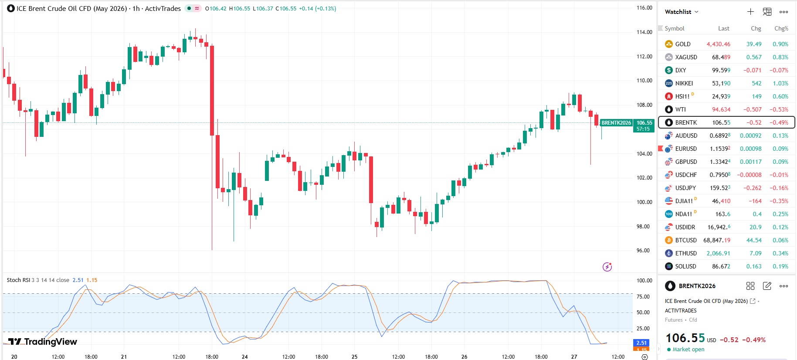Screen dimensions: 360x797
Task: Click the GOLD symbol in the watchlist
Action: pos(682,44)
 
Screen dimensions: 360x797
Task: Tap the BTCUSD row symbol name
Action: pos(685,240)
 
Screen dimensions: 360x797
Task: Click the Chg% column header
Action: pos(781,28)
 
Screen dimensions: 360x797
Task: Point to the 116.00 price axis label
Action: pos(644,8)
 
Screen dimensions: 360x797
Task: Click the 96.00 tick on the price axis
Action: pos(643,251)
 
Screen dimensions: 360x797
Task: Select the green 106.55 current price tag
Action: pos(644,123)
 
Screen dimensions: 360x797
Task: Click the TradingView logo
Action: pos(43,342)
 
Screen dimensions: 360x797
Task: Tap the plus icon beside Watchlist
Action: pos(750,12)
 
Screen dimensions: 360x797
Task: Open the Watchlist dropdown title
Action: pos(681,12)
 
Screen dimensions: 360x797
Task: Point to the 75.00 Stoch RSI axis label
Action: pos(643,297)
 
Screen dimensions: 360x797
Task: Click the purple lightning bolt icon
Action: pos(607,267)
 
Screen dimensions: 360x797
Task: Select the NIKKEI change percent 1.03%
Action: pos(780,83)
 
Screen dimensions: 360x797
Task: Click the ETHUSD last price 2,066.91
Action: pos(718,253)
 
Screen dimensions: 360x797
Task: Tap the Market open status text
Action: pos(688,350)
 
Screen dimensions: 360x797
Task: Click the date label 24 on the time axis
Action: pos(245,357)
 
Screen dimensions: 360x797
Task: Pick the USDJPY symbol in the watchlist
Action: pos(685,188)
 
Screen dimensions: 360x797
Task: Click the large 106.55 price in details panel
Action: pos(685,338)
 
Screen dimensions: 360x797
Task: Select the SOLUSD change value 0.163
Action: pos(753,266)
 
